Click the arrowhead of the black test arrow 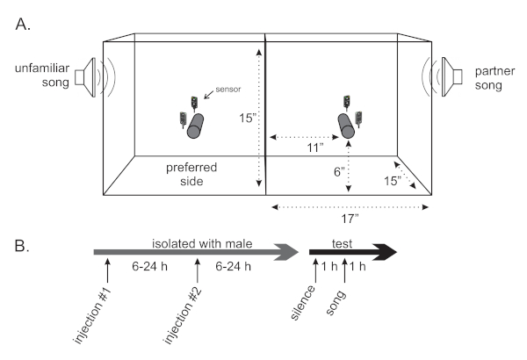pos(387,253)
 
